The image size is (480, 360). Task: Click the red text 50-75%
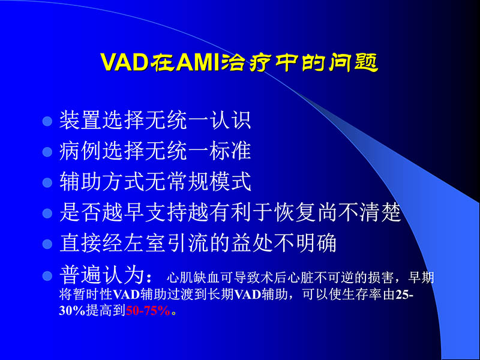(x=148, y=312)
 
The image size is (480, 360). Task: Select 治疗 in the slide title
(x=248, y=62)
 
